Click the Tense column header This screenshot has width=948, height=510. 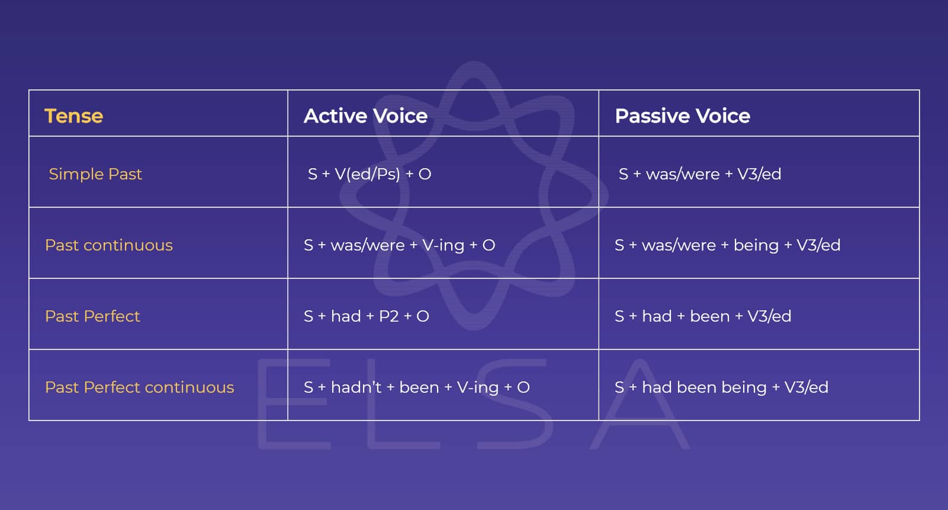[73, 116]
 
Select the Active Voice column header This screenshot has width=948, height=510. [365, 116]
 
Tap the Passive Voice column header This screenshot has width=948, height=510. [682, 116]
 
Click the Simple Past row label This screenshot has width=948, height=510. [95, 174]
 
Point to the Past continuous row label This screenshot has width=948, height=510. [109, 245]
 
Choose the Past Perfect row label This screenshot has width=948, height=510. [92, 316]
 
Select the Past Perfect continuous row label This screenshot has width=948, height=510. [139, 387]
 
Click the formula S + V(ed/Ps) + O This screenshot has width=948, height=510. [369, 174]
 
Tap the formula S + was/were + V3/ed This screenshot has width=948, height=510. [700, 174]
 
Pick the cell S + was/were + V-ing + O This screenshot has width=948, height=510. [399, 245]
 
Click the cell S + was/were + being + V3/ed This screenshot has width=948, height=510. [727, 245]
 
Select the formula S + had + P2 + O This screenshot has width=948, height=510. [366, 316]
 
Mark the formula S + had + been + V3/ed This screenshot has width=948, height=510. [703, 316]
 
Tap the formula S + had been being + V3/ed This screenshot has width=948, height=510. [721, 387]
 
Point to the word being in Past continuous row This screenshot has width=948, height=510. [756, 245]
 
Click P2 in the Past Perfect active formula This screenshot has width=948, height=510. [388, 316]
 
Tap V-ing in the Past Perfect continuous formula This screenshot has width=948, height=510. [478, 387]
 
